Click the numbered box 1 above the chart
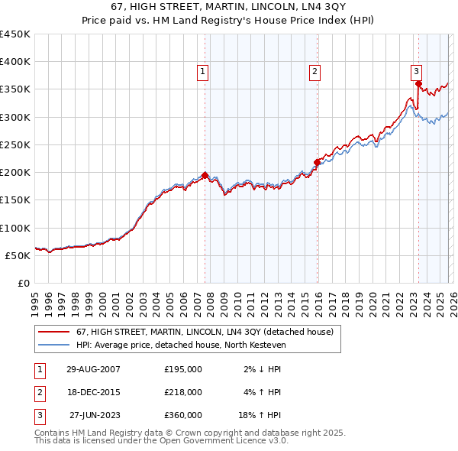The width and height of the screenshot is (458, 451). coord(203,72)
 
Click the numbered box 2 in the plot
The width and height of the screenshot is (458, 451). coord(314,72)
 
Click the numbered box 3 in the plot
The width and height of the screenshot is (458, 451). coord(417,72)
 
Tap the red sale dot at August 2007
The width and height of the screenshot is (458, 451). coord(205,175)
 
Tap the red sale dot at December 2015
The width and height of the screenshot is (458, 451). coord(317,162)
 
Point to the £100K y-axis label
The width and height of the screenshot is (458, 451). coord(15,228)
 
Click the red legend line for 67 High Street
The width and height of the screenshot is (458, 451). coord(53,333)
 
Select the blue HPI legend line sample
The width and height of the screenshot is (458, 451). coord(53,346)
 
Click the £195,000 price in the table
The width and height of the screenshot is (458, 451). coord(182,369)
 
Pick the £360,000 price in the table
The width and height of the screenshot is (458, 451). coord(182,415)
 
